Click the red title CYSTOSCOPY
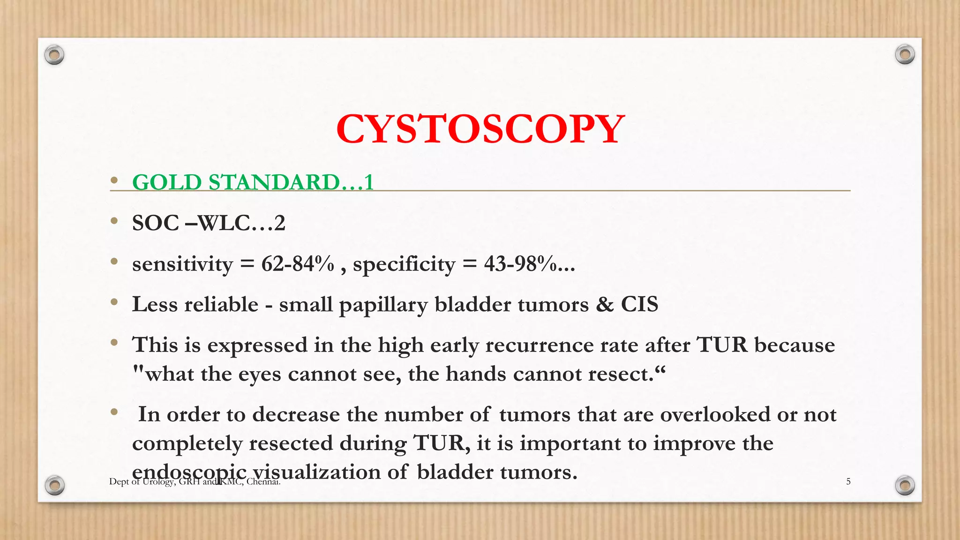point(480,129)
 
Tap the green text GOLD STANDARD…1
point(253,182)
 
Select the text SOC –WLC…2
point(209,223)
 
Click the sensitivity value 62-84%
point(298,264)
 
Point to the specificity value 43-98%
point(521,264)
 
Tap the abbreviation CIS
point(639,304)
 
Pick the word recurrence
point(534,345)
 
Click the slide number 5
point(848,481)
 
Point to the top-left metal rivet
point(54,55)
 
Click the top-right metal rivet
point(905,54)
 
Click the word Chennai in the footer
point(263,481)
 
